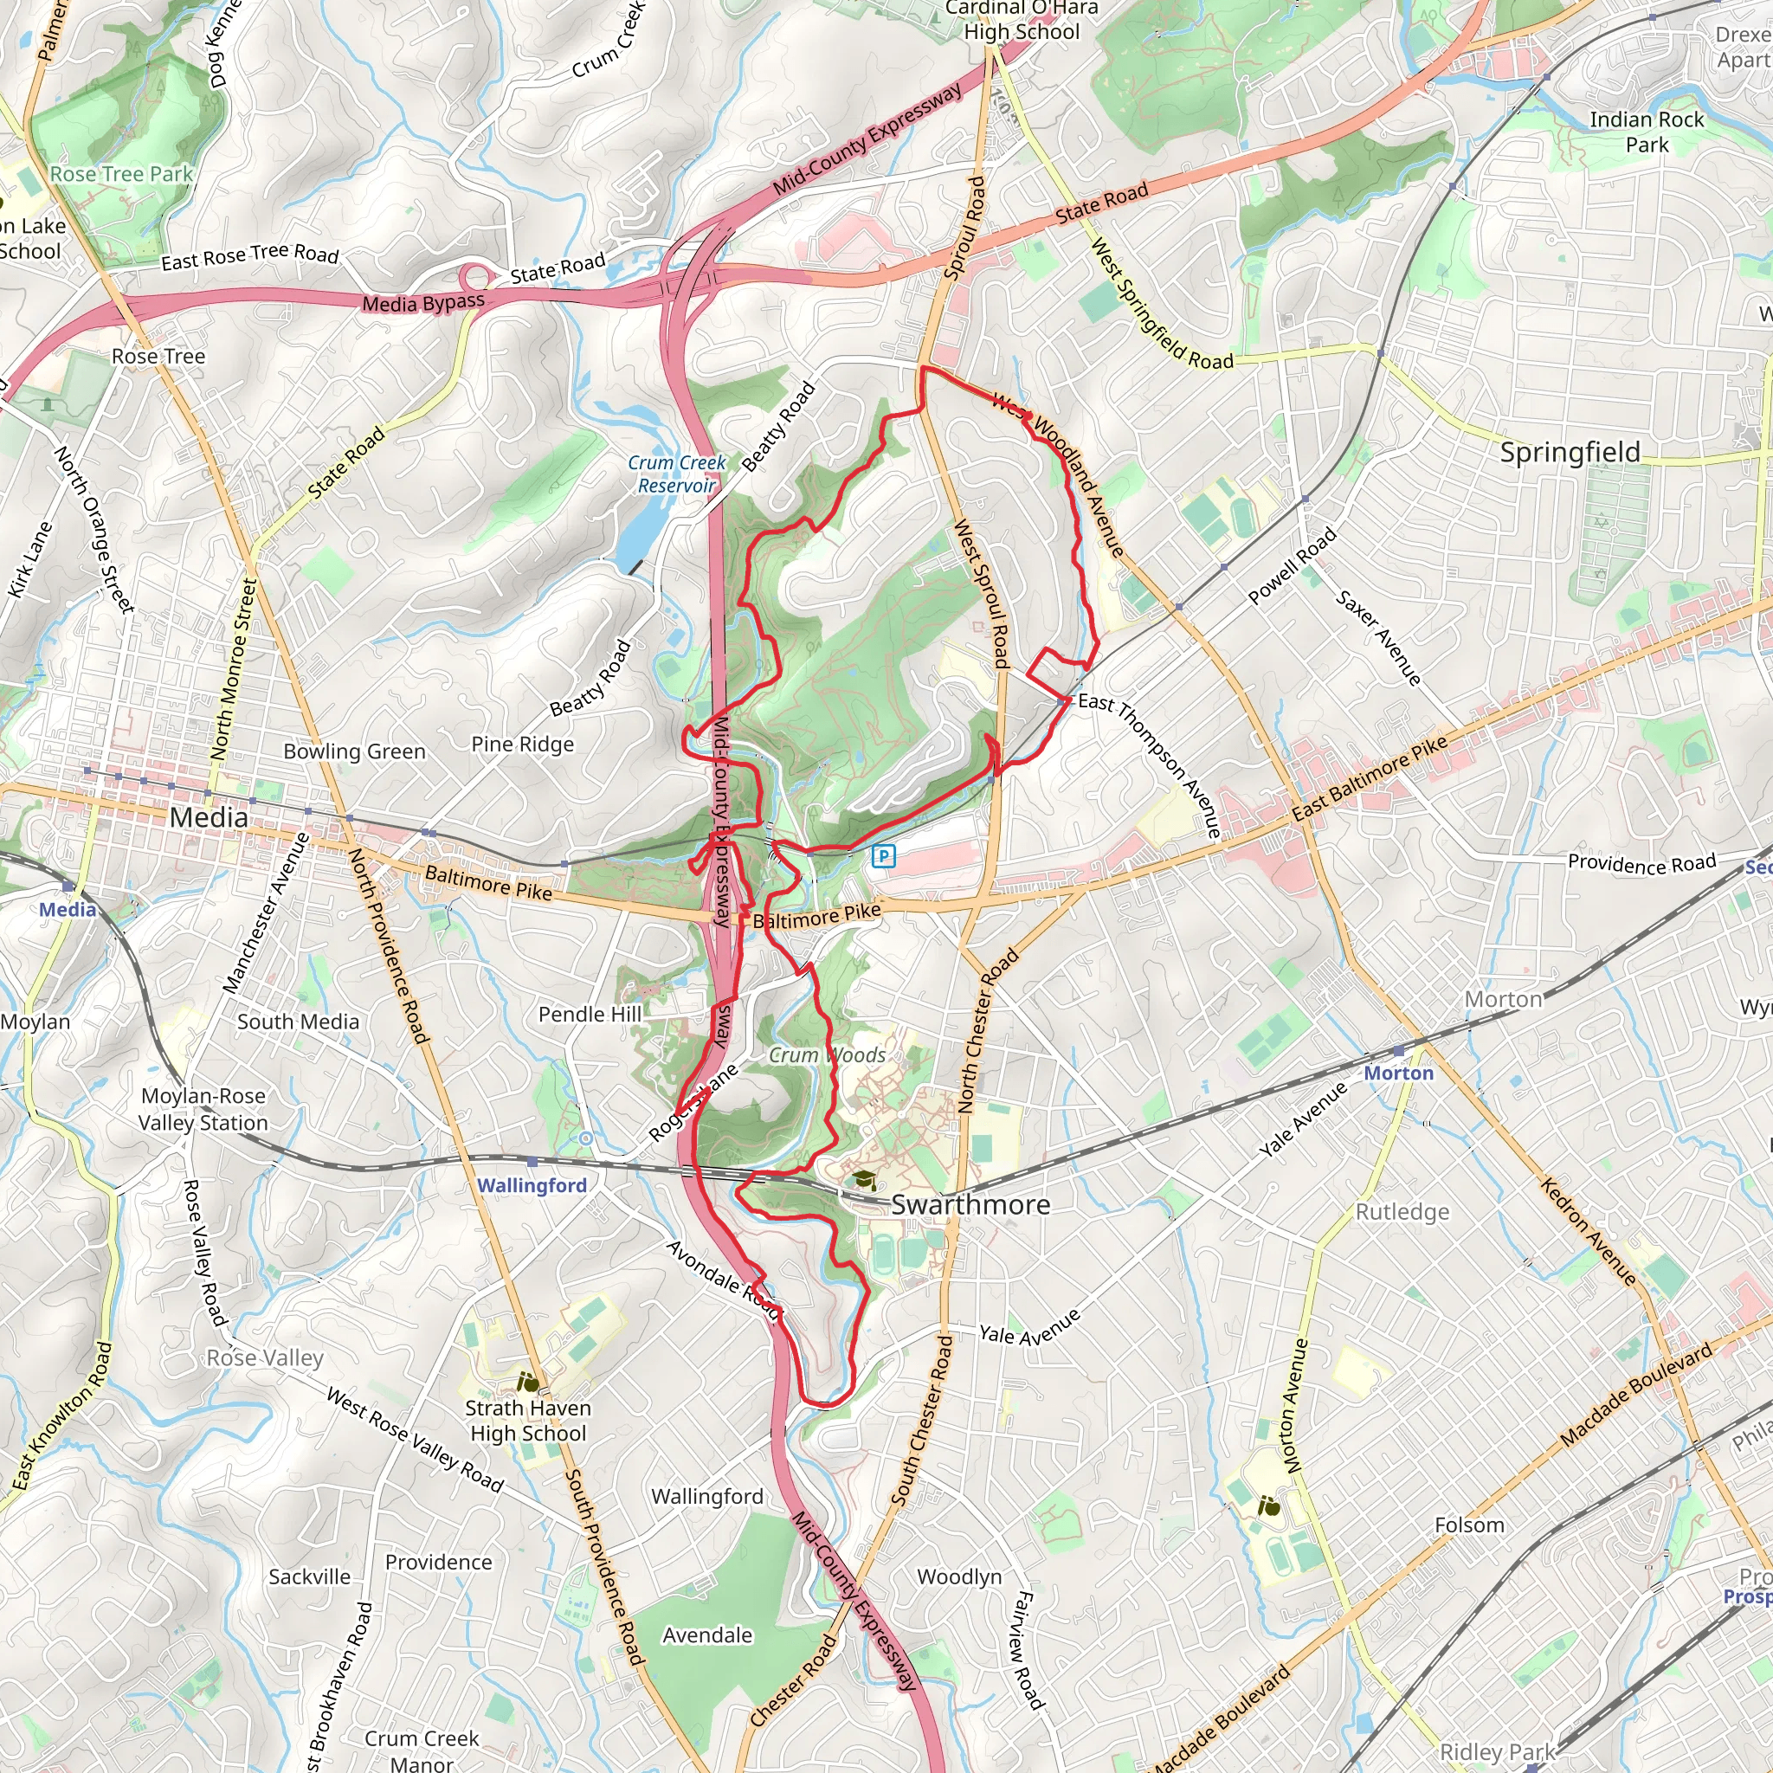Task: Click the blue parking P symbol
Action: point(884,856)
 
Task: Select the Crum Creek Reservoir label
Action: point(676,474)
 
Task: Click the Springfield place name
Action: point(1570,453)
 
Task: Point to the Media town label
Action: point(209,816)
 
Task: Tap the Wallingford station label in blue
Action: point(532,1185)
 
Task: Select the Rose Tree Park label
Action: point(121,173)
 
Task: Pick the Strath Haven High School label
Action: point(528,1420)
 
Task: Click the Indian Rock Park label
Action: point(1647,132)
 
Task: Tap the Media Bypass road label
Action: point(423,303)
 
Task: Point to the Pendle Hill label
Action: point(590,1014)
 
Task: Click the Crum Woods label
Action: point(827,1054)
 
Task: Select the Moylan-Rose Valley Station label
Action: point(203,1109)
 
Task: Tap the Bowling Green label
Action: point(354,751)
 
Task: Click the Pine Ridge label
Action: point(522,745)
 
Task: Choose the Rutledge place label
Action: point(1402,1211)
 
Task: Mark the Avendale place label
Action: point(706,1634)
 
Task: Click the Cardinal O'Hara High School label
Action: point(1021,20)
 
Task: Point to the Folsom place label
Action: point(1468,1525)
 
